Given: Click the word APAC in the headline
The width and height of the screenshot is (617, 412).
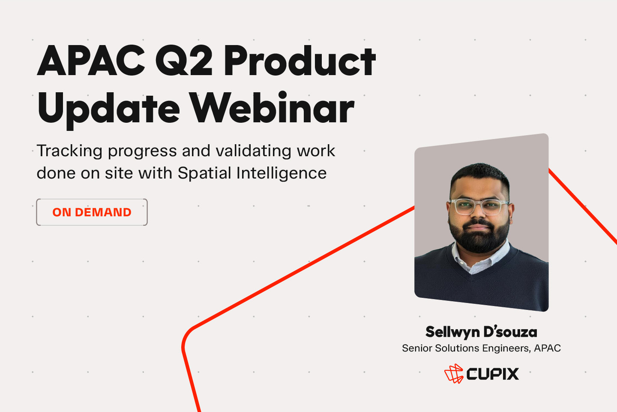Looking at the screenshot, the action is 91,61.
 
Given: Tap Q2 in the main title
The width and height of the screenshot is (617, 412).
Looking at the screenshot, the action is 184,61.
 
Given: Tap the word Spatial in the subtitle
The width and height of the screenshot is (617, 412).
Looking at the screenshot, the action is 204,173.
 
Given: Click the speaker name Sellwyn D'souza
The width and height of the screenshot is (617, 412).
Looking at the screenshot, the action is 481,332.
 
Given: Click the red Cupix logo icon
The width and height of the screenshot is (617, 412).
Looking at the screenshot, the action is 454,373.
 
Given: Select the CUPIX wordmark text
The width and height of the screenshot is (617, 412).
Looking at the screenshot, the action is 492,374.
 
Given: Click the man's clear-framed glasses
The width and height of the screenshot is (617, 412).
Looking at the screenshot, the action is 479,206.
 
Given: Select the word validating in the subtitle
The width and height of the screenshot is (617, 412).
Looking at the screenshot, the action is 253,151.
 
